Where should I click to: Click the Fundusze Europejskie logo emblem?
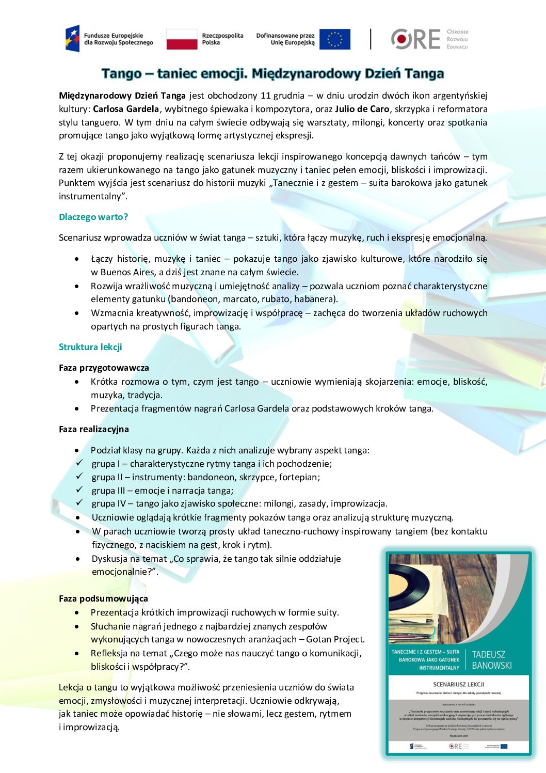click(72, 39)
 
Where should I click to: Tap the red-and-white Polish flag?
click(182, 39)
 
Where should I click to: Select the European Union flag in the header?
click(334, 39)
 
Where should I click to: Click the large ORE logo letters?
click(415, 39)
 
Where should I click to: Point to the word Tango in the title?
click(122, 74)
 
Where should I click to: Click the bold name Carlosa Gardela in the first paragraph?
click(126, 109)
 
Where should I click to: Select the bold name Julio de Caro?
click(362, 109)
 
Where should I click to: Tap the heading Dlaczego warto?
click(93, 217)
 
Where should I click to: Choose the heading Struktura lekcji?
click(90, 347)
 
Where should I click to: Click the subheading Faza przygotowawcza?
click(104, 368)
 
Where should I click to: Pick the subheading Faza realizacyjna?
click(94, 429)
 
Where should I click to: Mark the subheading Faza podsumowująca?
click(103, 598)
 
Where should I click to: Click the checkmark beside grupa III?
click(79, 490)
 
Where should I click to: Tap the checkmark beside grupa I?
click(79, 463)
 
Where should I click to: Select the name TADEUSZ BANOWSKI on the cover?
click(491, 660)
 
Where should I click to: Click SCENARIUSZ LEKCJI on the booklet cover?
click(458, 684)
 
